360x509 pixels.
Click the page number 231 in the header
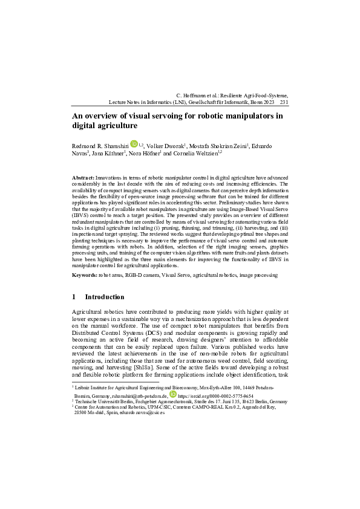point(284,103)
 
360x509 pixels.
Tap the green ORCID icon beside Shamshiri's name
point(134,145)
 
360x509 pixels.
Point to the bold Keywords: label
point(85,275)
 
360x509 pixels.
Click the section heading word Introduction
point(105,297)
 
